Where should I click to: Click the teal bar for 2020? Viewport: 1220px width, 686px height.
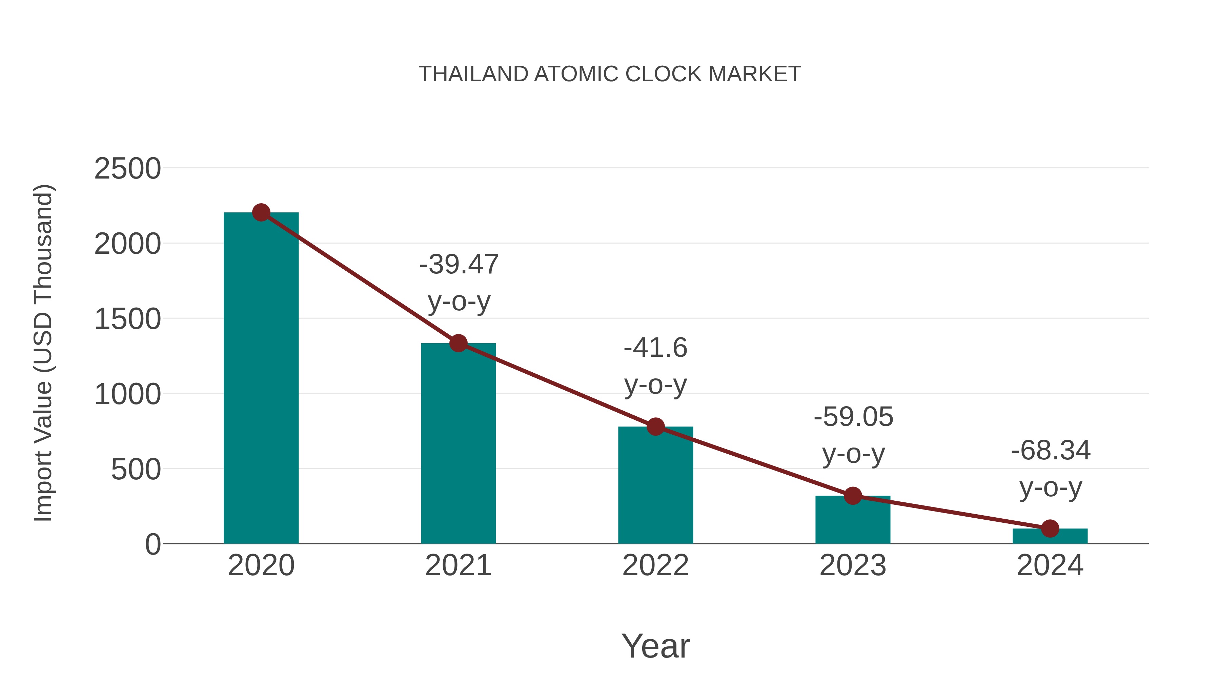261,379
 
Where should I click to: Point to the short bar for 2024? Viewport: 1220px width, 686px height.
1050,536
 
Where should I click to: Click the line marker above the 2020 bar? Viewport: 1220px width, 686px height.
261,212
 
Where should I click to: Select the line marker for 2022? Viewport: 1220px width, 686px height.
655,427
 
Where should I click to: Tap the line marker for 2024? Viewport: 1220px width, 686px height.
1050,528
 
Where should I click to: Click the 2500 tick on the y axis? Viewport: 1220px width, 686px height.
127,169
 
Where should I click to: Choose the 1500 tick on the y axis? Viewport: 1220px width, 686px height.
127,319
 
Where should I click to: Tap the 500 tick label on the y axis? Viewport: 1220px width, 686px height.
136,470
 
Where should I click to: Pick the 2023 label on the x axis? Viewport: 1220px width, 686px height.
853,565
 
